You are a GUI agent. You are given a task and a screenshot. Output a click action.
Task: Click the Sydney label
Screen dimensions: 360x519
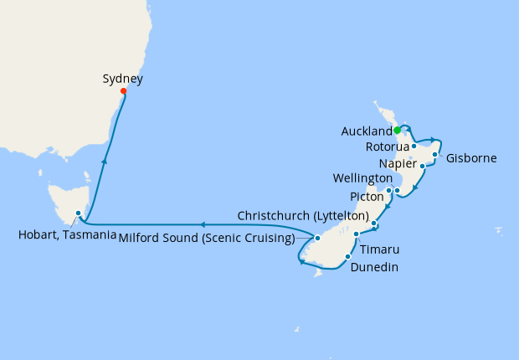[x=122, y=80]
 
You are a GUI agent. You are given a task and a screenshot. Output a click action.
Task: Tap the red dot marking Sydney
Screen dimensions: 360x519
[x=123, y=91]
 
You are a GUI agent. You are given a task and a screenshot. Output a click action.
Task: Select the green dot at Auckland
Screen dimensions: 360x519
[x=397, y=130]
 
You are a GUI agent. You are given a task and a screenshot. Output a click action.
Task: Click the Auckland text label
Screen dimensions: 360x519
[x=367, y=131]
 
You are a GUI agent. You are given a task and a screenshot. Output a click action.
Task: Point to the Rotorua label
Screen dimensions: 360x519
[x=388, y=147]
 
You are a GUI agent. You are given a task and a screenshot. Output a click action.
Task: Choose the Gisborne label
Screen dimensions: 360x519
[x=471, y=157]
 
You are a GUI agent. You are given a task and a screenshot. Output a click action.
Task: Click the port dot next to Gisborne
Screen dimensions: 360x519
[x=435, y=154]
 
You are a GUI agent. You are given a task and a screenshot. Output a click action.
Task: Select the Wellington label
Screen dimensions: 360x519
[x=362, y=178]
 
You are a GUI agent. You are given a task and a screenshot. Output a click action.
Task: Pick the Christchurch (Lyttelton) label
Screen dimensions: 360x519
[x=303, y=214]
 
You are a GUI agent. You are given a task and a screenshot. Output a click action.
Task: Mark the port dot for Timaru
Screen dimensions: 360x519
[x=356, y=234]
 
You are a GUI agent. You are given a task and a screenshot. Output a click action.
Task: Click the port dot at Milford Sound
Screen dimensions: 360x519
[x=317, y=239]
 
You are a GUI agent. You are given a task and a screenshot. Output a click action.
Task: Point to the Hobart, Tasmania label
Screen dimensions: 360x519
[x=67, y=234]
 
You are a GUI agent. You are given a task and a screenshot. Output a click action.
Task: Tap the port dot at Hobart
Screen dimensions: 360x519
[x=78, y=213]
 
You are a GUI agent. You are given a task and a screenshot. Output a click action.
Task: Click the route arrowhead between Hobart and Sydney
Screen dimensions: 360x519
[x=104, y=161]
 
